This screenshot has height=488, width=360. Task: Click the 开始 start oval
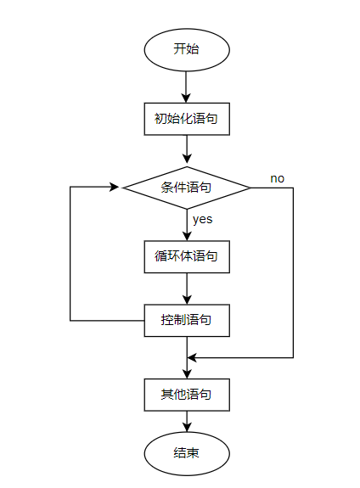[x=186, y=49]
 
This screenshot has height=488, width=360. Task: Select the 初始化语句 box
[x=186, y=119]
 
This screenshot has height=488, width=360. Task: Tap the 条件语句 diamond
[x=186, y=187]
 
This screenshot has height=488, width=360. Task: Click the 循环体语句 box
[x=186, y=255]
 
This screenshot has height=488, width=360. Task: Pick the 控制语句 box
[x=186, y=321]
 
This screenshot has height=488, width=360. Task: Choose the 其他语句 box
[x=186, y=395]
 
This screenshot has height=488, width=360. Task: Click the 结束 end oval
[x=186, y=453]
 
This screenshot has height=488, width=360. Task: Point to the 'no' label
[x=278, y=178]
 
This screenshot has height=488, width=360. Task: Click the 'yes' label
[x=202, y=219]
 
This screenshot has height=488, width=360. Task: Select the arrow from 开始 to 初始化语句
[x=187, y=85]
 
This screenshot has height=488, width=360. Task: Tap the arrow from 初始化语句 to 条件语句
[x=187, y=148]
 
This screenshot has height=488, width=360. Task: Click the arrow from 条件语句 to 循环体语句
[x=187, y=224]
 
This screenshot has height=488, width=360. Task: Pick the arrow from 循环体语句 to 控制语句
[x=187, y=288]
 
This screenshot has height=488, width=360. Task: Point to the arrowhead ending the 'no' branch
[x=192, y=357]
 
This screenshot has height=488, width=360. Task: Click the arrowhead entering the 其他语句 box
[x=187, y=373]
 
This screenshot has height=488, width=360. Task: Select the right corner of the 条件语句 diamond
[x=250, y=187]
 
